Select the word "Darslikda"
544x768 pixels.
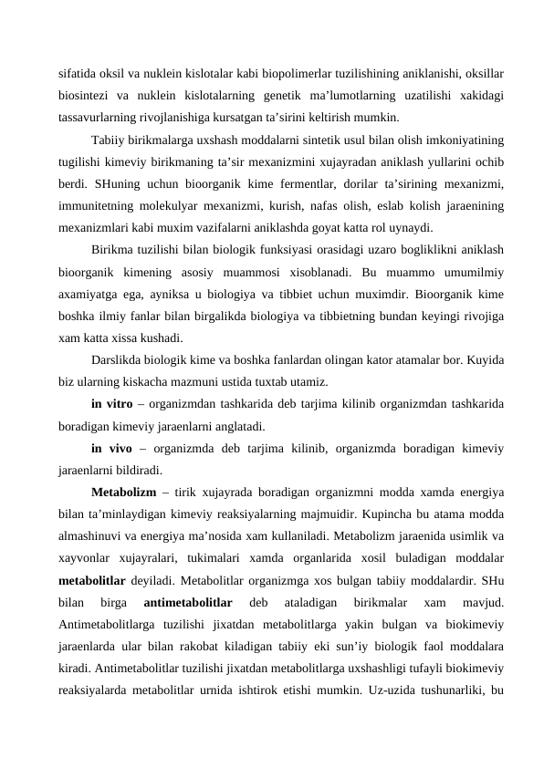120,358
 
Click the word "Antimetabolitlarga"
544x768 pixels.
107,626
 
